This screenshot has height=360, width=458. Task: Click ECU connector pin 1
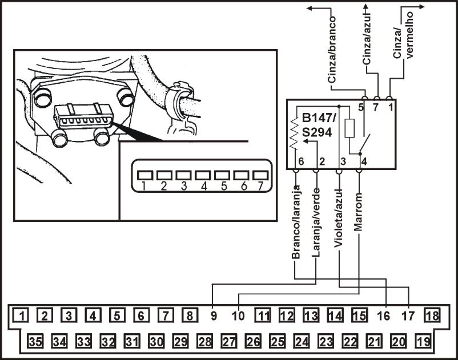[21, 315]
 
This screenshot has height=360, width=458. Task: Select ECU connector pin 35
[35, 341]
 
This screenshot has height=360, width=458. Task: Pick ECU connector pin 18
[432, 315]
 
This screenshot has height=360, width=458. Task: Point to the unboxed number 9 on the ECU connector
[214, 315]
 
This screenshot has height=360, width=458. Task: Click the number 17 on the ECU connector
[408, 315]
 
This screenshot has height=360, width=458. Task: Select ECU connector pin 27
[229, 341]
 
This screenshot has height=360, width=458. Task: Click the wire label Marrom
[358, 212]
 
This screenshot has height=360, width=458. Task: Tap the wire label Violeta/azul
[339, 218]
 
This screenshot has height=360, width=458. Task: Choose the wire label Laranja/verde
[316, 223]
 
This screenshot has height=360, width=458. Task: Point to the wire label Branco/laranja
[296, 222]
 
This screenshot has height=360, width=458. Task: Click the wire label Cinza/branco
[332, 50]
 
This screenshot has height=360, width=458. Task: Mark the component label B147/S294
[319, 126]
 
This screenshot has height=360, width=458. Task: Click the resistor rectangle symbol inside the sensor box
[349, 128]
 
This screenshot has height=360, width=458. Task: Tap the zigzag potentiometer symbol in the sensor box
[294, 134]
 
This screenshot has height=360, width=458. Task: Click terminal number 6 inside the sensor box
[301, 161]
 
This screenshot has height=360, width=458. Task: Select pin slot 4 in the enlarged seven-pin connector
[203, 175]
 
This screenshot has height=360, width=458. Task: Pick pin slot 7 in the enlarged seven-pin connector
[260, 175]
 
